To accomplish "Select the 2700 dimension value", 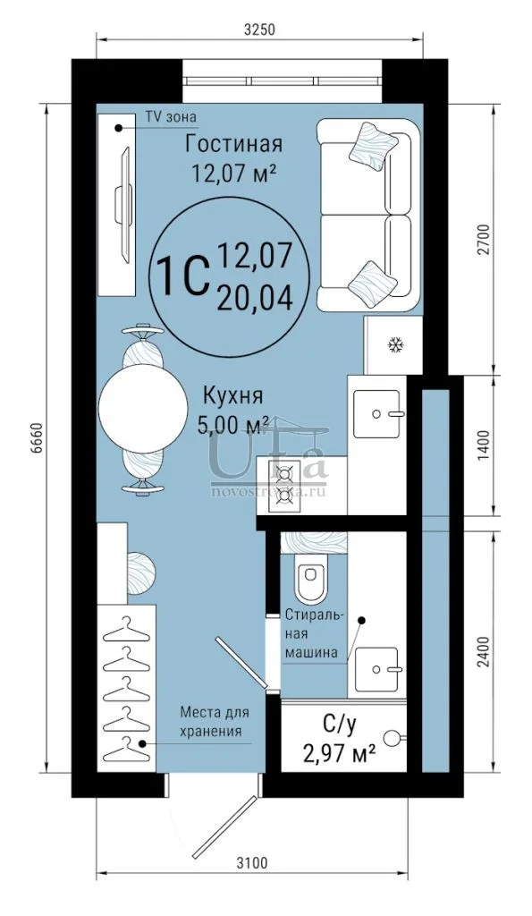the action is pyautogui.click(x=482, y=240).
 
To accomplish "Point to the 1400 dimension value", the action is pyautogui.click(x=482, y=446).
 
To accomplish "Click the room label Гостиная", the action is pyautogui.click(x=234, y=144).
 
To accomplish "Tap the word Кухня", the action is pyautogui.click(x=232, y=396).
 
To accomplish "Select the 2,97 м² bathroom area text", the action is pyautogui.click(x=339, y=753).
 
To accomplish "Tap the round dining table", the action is pyautogui.click(x=140, y=409).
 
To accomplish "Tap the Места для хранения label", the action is pyautogui.click(x=215, y=722).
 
